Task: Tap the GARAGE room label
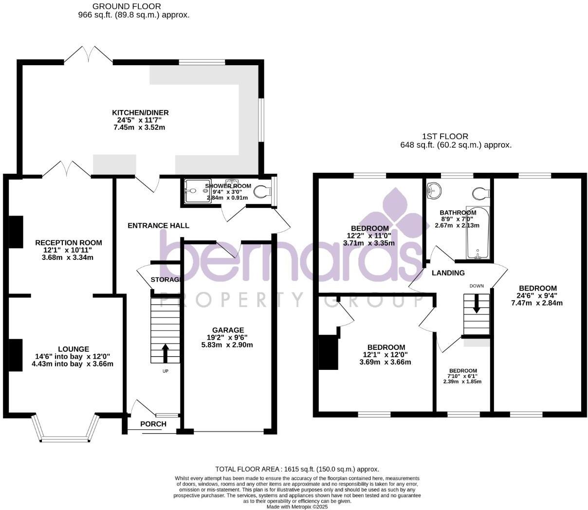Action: point(228,330)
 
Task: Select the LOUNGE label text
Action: point(73,349)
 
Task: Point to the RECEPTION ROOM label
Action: point(69,243)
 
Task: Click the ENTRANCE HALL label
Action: point(158,226)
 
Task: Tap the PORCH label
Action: point(153,424)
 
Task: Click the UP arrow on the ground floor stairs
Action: point(165,353)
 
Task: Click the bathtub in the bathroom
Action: point(478,233)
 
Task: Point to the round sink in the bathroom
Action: point(433,191)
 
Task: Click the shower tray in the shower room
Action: point(198,191)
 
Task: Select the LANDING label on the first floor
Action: point(448,273)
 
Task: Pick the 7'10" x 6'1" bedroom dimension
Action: point(462,376)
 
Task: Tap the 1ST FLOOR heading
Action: point(446,137)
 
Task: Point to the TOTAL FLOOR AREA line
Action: point(297,469)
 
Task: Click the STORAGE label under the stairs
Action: point(165,280)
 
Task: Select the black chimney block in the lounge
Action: point(16,356)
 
